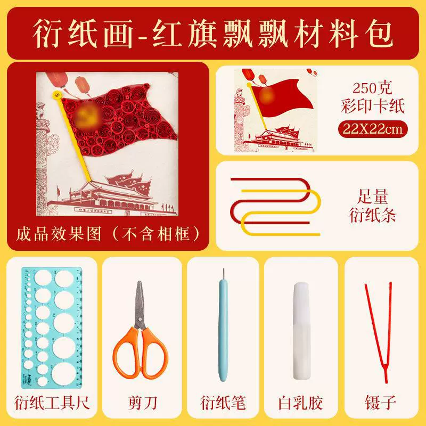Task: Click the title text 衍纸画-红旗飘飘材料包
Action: point(213,34)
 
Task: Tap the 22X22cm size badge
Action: point(373,129)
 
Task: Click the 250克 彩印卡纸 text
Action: point(373,97)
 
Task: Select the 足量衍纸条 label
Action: point(372,206)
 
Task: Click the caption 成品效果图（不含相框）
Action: point(108,234)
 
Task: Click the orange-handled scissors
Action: point(140,330)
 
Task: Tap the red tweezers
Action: point(379,332)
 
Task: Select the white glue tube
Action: point(301,331)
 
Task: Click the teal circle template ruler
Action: point(52,327)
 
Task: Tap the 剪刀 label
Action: point(142,403)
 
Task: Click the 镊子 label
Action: point(380,403)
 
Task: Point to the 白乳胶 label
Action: point(300,403)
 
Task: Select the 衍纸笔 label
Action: point(223,403)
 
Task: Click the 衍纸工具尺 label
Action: point(52,403)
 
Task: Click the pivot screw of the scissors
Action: point(140,319)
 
